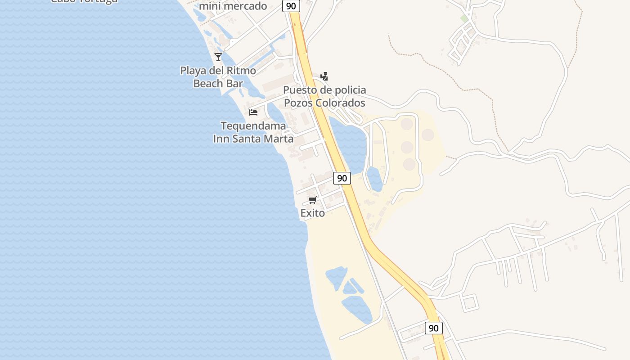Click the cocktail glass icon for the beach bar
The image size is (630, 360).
(218, 57)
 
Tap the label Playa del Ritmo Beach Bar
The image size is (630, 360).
(218, 77)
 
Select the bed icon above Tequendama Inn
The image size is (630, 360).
(253, 112)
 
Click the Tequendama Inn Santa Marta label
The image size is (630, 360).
(253, 132)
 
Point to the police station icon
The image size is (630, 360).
(324, 76)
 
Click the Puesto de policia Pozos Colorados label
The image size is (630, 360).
(324, 96)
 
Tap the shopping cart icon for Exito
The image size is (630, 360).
(313, 200)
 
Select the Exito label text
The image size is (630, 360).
(313, 213)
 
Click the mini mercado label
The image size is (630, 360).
(233, 6)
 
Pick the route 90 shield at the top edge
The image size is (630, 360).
(291, 6)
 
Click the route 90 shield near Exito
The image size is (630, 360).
(342, 178)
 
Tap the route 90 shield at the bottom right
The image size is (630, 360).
(433, 328)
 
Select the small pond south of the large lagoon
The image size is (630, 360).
(374, 179)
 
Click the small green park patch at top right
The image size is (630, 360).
(464, 18)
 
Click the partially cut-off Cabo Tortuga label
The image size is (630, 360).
(84, 1)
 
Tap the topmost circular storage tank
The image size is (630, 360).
(407, 123)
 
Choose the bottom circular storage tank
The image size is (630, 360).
(409, 164)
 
